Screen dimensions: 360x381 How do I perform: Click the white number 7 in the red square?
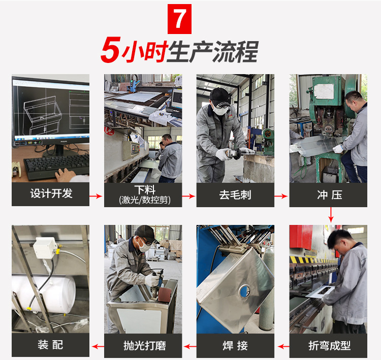(179, 19)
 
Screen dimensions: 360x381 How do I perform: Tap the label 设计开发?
(51, 194)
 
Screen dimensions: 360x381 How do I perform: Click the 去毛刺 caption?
(235, 194)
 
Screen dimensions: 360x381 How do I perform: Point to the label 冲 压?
(329, 194)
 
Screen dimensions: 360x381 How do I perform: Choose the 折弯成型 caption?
(329, 346)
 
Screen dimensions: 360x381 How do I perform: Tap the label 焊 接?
(235, 346)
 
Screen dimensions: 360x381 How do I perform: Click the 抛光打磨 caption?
(143, 346)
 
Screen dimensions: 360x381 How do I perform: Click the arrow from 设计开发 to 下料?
(97, 195)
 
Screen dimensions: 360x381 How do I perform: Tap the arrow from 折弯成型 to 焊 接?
(282, 346)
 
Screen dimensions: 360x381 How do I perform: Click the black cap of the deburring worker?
(219, 94)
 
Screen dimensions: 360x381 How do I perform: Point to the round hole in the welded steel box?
(245, 290)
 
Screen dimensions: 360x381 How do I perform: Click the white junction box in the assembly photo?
(45, 248)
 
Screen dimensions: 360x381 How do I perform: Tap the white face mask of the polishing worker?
(144, 247)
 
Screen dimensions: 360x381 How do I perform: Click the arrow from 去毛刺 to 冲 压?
(282, 195)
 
